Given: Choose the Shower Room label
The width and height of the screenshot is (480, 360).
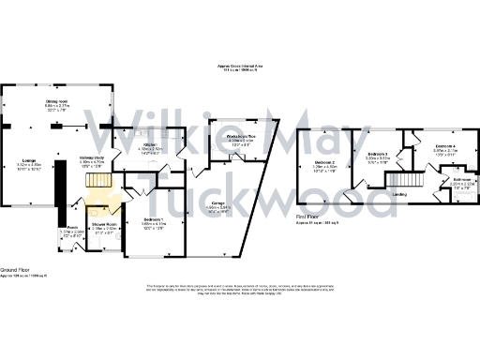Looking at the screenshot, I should tap(103, 225).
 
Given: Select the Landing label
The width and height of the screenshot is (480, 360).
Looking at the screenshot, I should tap(399, 195).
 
